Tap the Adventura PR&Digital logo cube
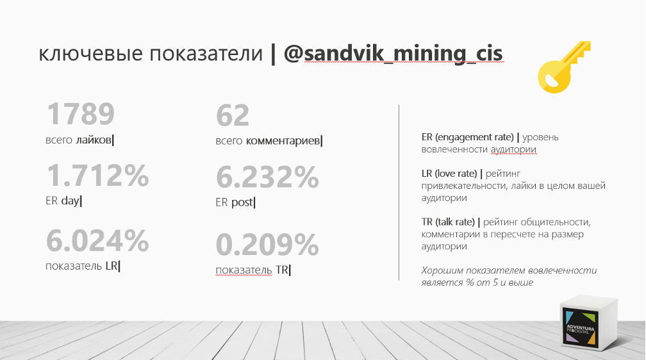(x=589, y=326)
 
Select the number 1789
(x=81, y=114)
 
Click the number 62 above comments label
(x=233, y=116)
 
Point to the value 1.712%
(x=97, y=176)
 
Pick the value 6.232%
(x=267, y=177)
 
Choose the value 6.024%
(x=97, y=241)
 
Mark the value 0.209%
(x=267, y=244)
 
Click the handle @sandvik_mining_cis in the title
(x=393, y=54)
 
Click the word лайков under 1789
(x=94, y=140)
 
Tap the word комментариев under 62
(x=283, y=142)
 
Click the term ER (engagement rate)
(x=468, y=137)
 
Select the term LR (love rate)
(x=449, y=174)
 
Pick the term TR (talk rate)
(x=448, y=222)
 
